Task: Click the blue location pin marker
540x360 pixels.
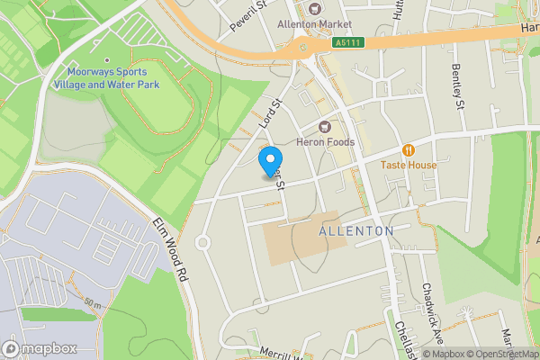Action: [268, 161]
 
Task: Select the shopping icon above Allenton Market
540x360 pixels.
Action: [314, 7]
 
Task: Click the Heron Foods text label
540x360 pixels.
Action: [326, 142]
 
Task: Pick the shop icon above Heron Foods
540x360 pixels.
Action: [326, 127]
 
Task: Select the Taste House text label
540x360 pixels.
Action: [408, 165]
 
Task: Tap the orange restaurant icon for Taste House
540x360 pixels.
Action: [408, 149]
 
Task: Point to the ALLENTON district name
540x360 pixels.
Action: [356, 231]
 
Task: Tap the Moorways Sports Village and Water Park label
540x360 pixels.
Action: [106, 78]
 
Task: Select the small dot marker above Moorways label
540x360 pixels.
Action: [106, 59]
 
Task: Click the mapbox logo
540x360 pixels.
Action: [39, 348]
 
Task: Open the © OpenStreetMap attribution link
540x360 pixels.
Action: [500, 354]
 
